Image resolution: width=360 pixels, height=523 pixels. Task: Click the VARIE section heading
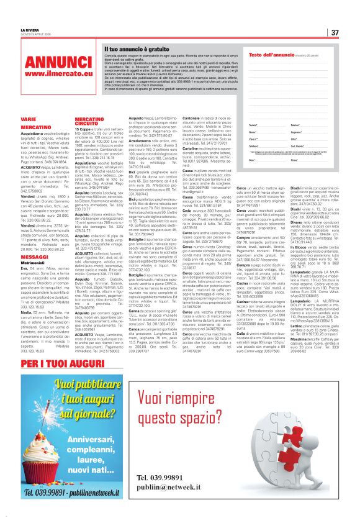click(29, 118)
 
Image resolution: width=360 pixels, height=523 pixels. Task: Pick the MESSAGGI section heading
click(35, 257)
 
